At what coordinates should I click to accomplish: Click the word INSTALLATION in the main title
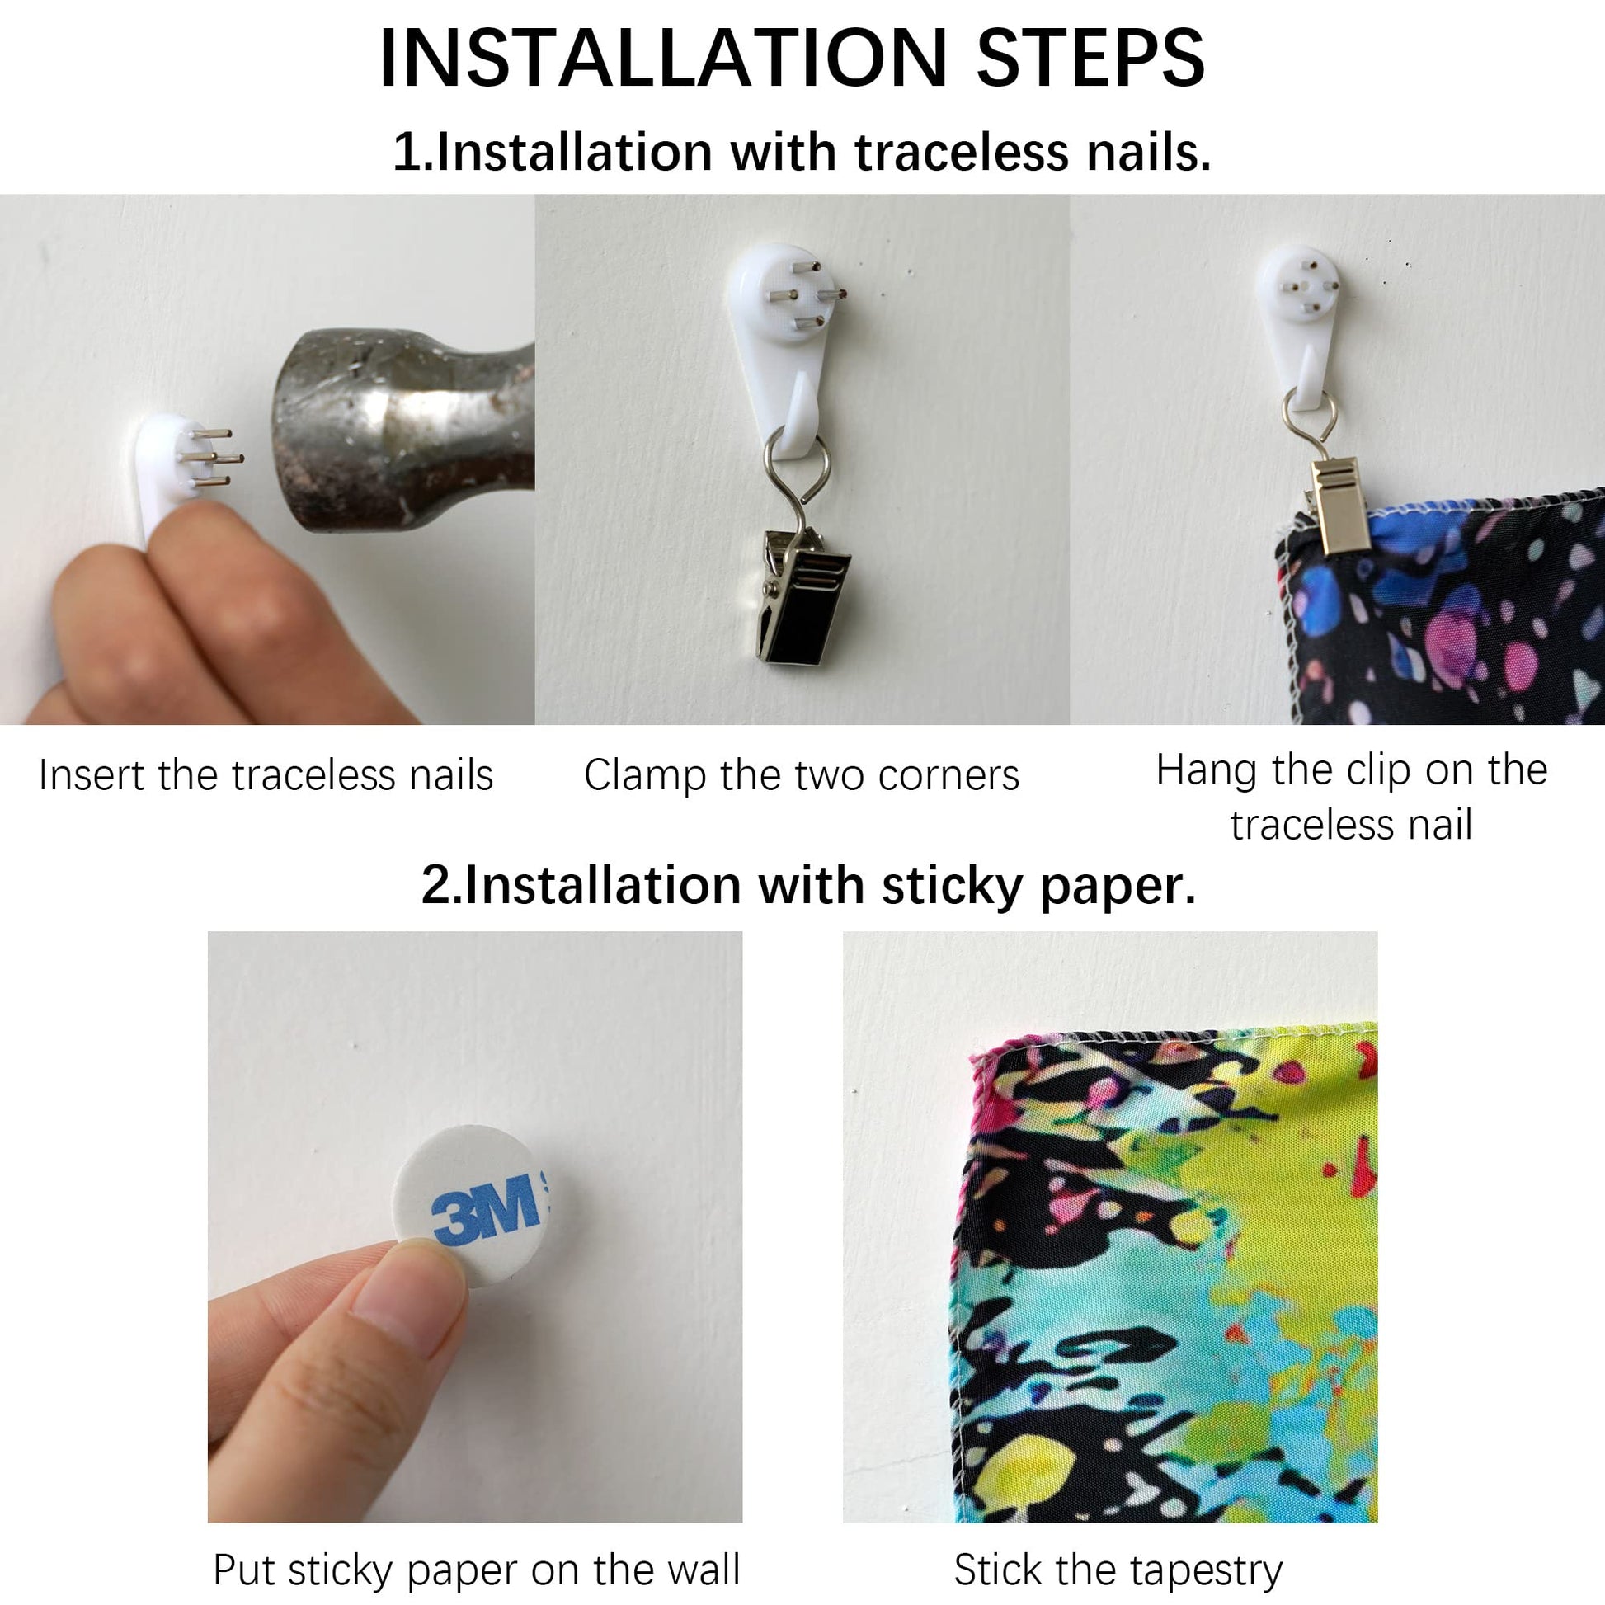(663, 58)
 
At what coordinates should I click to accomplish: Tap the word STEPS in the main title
(1091, 58)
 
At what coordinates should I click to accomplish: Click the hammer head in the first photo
(402, 431)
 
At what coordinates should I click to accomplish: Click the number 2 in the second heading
(435, 886)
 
